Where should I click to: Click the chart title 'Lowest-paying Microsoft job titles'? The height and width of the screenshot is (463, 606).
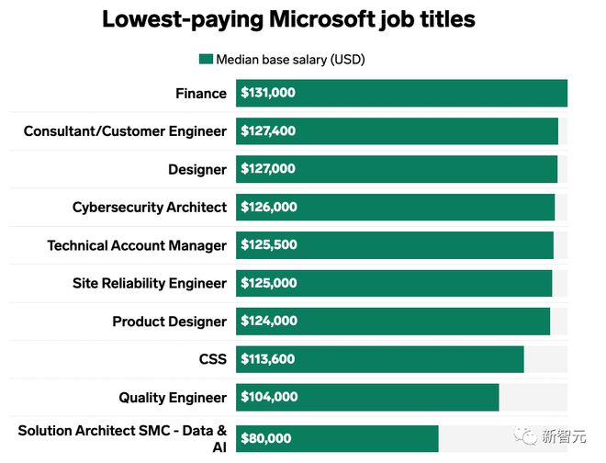(288, 20)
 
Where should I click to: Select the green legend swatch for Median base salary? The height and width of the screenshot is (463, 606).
(206, 60)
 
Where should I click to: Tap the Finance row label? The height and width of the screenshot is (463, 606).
(200, 93)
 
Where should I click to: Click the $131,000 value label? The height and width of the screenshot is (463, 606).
(268, 93)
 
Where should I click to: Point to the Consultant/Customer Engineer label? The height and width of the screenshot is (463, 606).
(125, 131)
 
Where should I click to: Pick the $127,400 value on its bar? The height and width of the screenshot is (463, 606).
(268, 131)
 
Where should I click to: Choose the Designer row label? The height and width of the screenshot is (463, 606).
(196, 169)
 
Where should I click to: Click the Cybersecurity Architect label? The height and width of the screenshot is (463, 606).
(149, 208)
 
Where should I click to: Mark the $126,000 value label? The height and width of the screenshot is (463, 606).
(268, 208)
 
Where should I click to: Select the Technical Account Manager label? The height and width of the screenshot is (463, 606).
(137, 245)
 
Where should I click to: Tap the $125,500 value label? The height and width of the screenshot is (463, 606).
(268, 245)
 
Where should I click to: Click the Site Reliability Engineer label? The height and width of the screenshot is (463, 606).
(149, 283)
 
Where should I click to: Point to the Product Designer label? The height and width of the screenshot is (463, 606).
(169, 322)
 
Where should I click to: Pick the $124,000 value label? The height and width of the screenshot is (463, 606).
(268, 322)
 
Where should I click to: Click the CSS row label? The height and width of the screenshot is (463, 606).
(212, 359)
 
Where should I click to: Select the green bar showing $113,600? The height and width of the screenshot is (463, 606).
(413, 359)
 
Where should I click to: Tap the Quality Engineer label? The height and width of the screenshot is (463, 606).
(172, 398)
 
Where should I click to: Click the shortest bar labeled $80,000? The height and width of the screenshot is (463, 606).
(367, 439)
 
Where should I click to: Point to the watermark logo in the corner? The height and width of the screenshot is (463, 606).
(529, 436)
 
